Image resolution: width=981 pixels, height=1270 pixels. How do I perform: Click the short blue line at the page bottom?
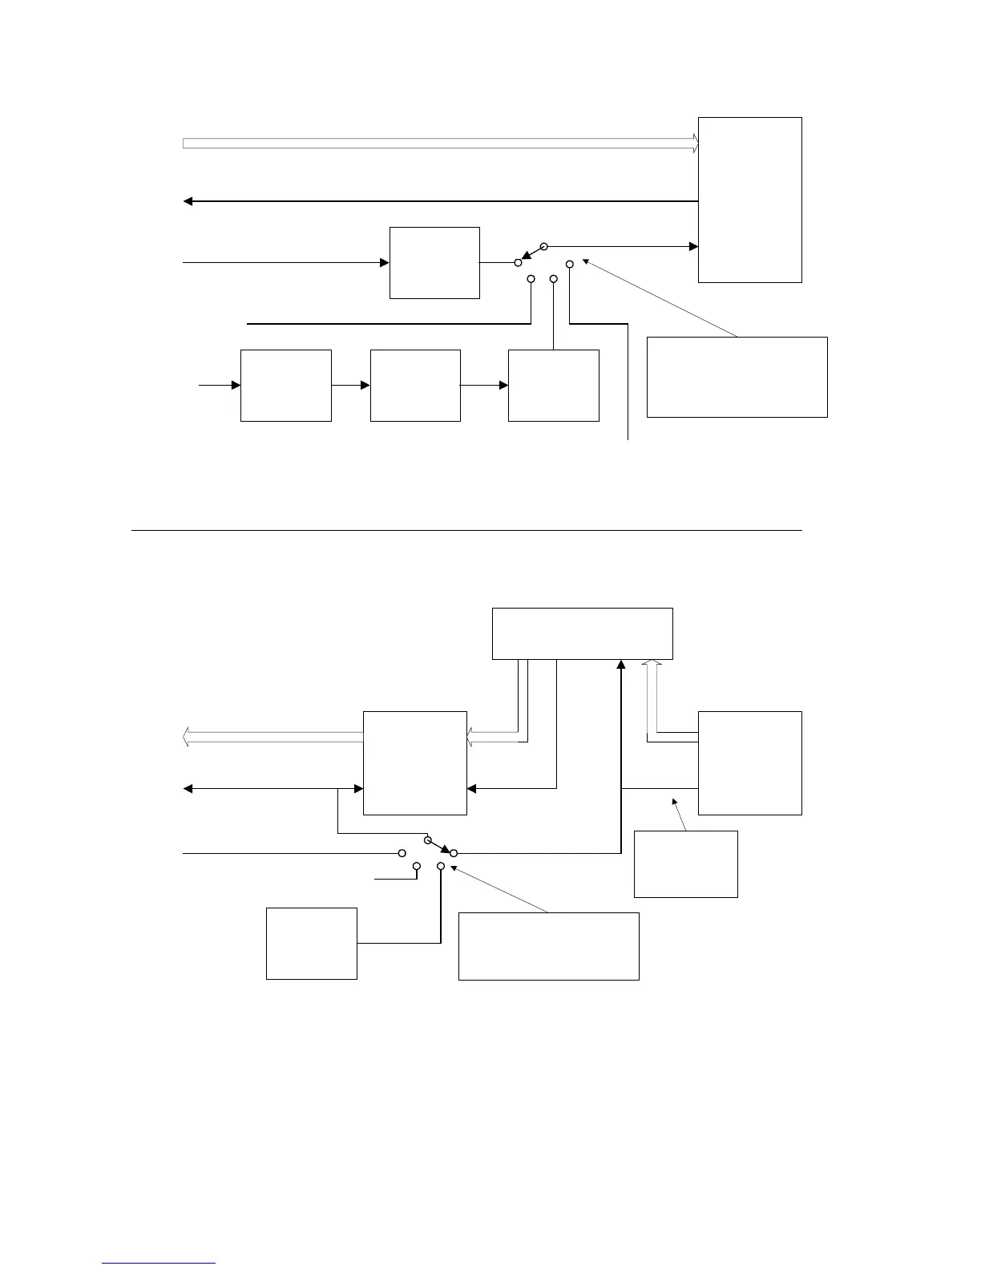[159, 1263]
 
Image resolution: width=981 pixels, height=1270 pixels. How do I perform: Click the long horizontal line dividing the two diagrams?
[466, 530]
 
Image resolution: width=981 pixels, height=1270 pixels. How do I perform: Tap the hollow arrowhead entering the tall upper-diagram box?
[695, 144]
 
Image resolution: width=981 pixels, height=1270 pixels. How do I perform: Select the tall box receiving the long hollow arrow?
[749, 200]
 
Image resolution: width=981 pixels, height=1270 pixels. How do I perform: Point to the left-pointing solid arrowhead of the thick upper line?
[188, 201]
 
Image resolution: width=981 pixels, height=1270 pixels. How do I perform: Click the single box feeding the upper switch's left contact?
[434, 263]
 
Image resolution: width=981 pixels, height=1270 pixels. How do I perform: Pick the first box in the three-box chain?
[286, 385]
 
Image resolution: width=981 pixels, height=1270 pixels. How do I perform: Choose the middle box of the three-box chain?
[415, 385]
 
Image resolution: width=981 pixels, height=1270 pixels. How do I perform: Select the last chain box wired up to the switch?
[553, 385]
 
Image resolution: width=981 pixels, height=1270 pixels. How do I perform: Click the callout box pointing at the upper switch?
[737, 377]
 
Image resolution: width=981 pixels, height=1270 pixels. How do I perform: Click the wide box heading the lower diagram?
[582, 633]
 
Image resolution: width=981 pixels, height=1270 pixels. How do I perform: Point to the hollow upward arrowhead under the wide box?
[652, 665]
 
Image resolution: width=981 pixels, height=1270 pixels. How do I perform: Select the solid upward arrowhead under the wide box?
[621, 665]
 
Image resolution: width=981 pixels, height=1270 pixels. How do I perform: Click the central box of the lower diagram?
[415, 762]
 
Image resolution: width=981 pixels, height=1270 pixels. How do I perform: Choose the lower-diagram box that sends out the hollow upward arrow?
[749, 762]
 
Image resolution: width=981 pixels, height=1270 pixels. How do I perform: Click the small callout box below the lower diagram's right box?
[685, 864]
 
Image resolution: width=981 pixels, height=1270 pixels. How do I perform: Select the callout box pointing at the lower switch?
[548, 946]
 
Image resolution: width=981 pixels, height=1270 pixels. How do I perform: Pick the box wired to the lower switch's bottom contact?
[311, 943]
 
